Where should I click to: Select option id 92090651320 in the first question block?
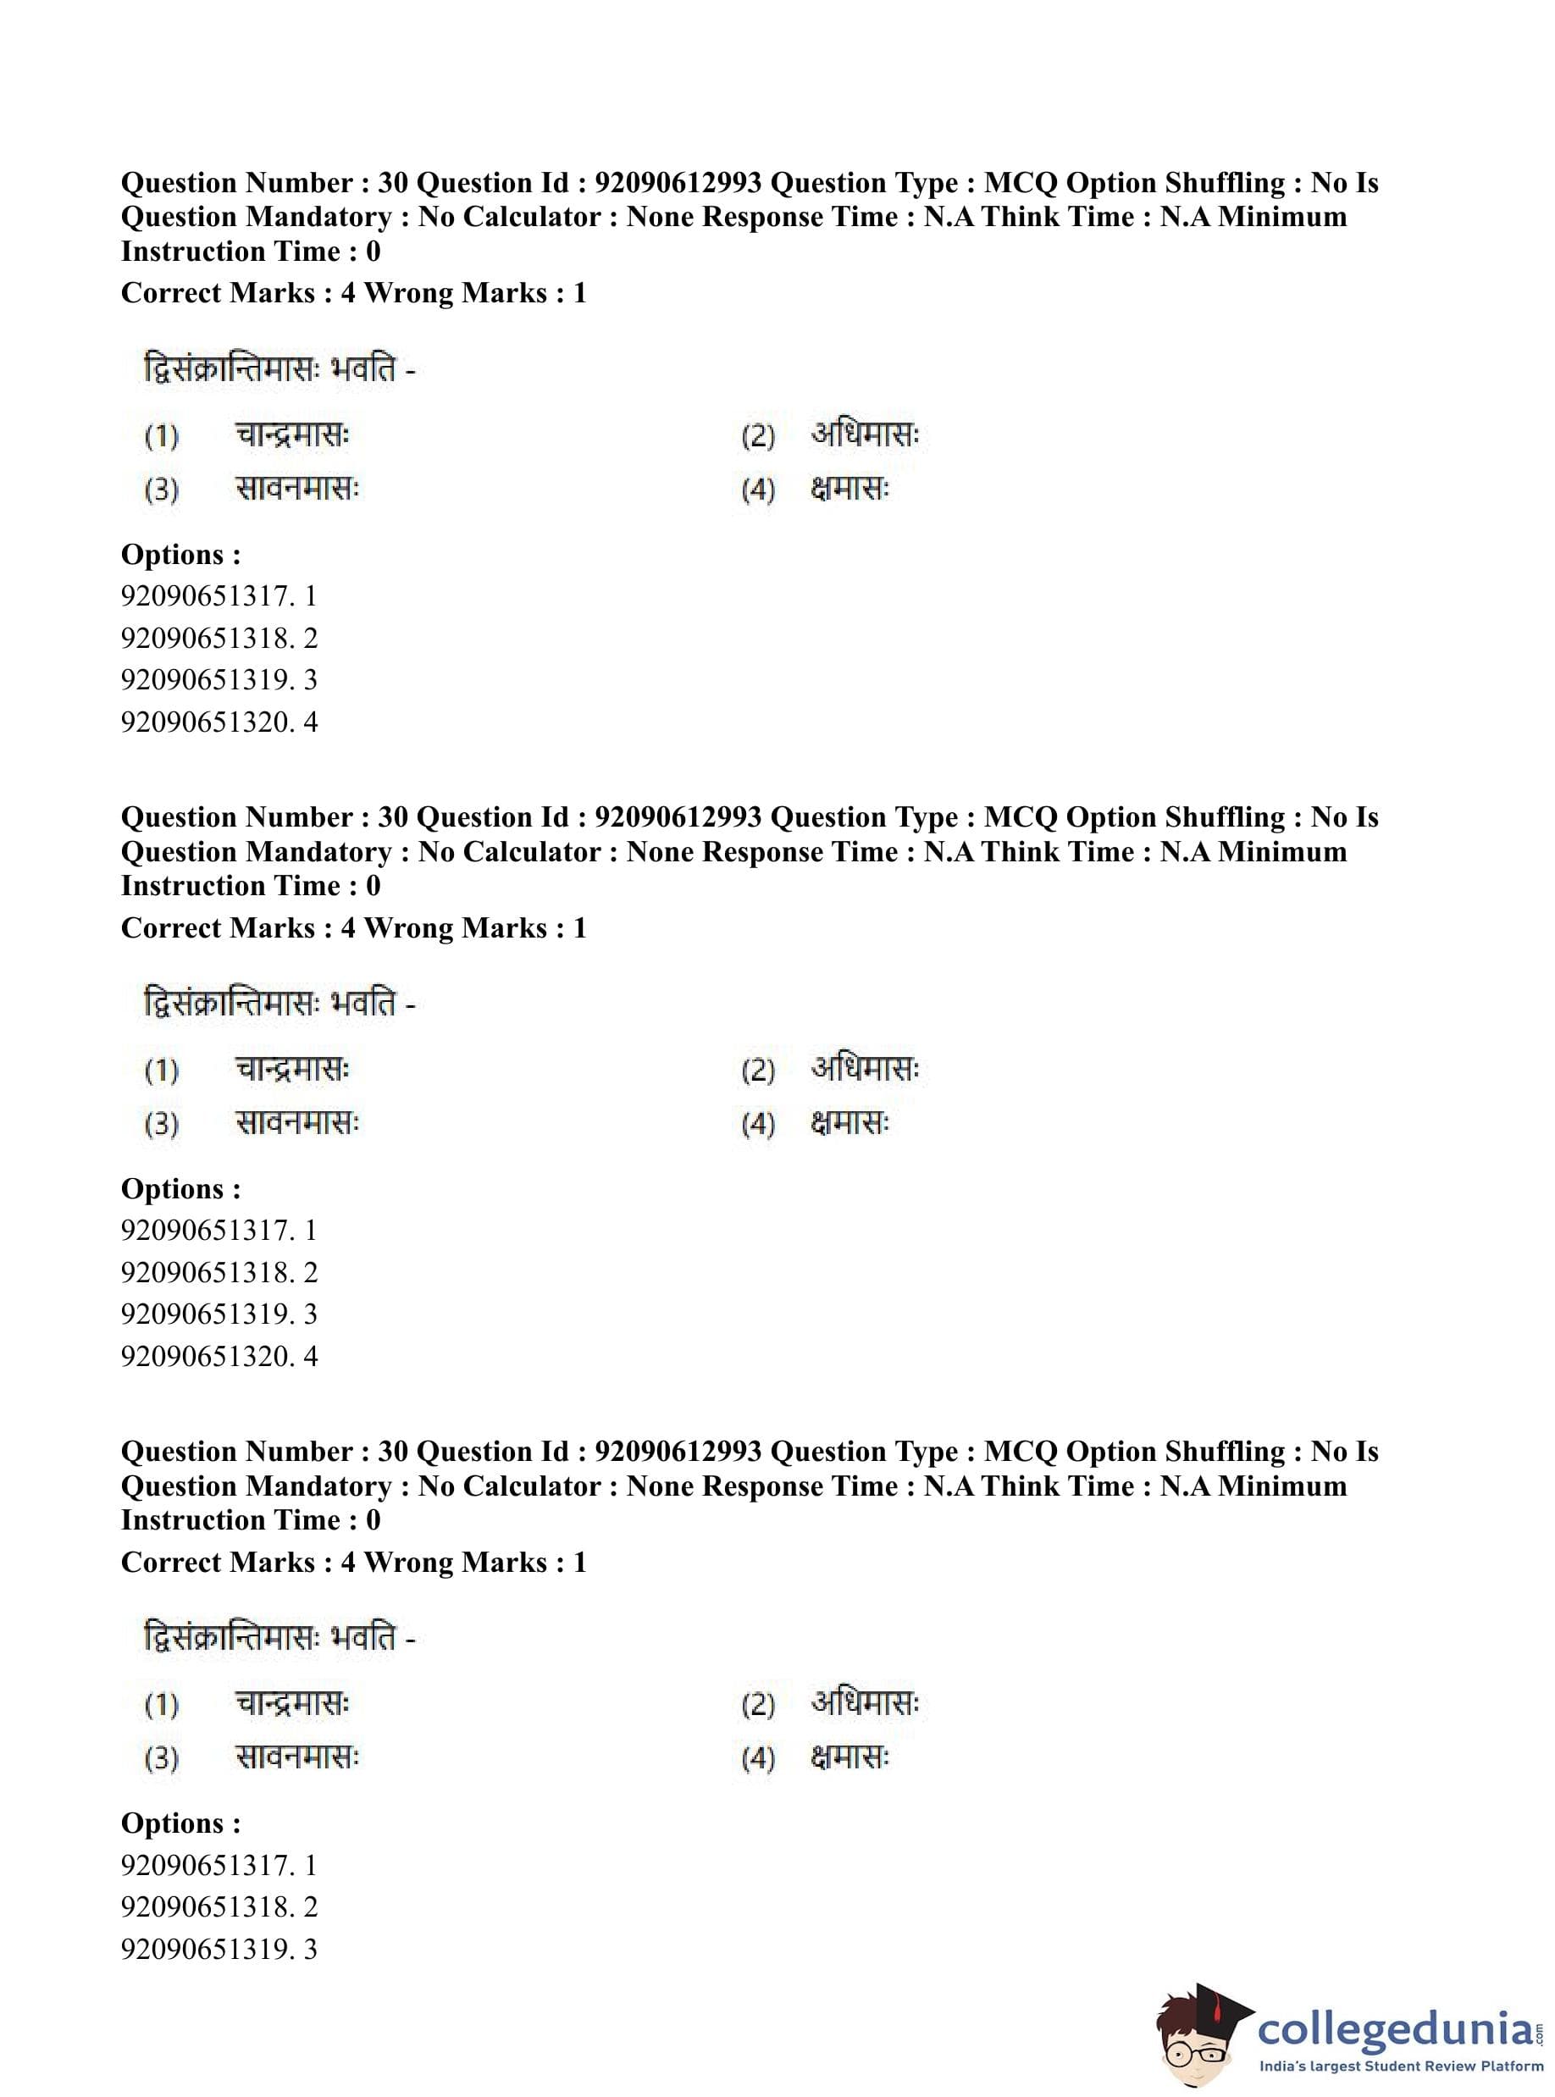219,722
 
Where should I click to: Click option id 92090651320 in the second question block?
219,1356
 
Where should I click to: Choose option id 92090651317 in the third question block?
219,1865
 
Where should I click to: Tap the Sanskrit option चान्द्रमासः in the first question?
292,436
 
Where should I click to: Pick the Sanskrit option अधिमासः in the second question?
865,1069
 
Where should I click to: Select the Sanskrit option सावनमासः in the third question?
296,1757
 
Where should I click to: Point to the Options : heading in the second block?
180,1189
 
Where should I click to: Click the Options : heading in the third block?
180,1823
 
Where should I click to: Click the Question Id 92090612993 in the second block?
678,817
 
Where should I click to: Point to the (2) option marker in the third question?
758,1705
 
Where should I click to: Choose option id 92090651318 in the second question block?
219,1272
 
